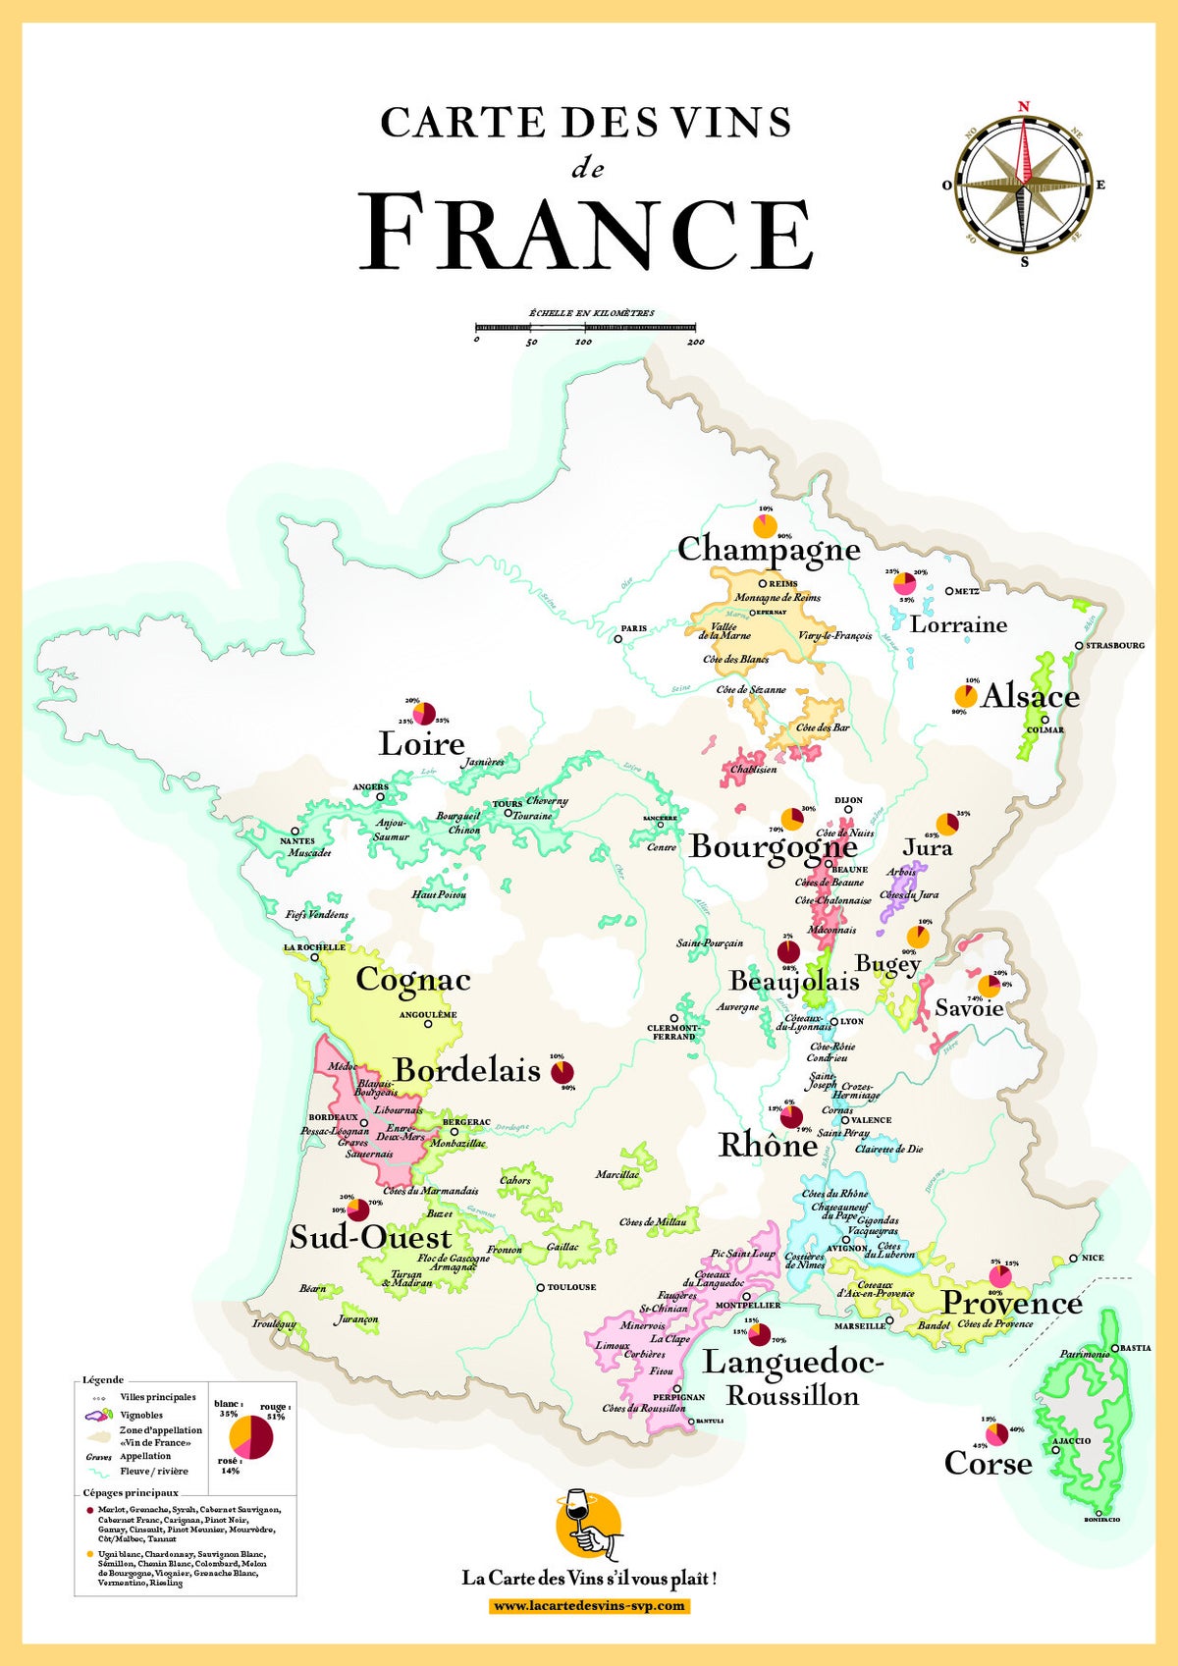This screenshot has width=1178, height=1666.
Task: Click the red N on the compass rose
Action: coord(1024,106)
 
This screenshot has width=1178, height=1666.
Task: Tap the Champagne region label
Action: coord(769,549)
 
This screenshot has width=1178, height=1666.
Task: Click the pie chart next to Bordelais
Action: coord(562,1072)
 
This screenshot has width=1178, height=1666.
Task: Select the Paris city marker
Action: coord(618,638)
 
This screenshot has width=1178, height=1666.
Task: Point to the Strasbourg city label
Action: coord(1114,646)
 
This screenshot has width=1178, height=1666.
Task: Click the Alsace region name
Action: coord(1030,696)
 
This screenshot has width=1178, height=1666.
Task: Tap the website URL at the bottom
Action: coord(589,1606)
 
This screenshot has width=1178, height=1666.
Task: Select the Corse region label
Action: coord(988,1464)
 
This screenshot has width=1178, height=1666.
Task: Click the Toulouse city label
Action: coord(571,1287)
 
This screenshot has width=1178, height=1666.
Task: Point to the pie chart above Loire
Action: coord(424,713)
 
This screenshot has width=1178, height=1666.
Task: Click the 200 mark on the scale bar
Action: coord(695,342)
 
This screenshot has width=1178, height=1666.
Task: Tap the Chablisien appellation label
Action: coord(753,770)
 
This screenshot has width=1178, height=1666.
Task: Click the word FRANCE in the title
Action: coord(586,234)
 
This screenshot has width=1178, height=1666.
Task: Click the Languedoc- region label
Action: coord(793,1363)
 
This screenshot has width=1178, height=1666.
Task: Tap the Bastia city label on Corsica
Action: coord(1136,1348)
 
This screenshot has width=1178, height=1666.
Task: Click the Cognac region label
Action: coord(412,980)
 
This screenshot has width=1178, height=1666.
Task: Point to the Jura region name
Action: coord(927,847)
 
